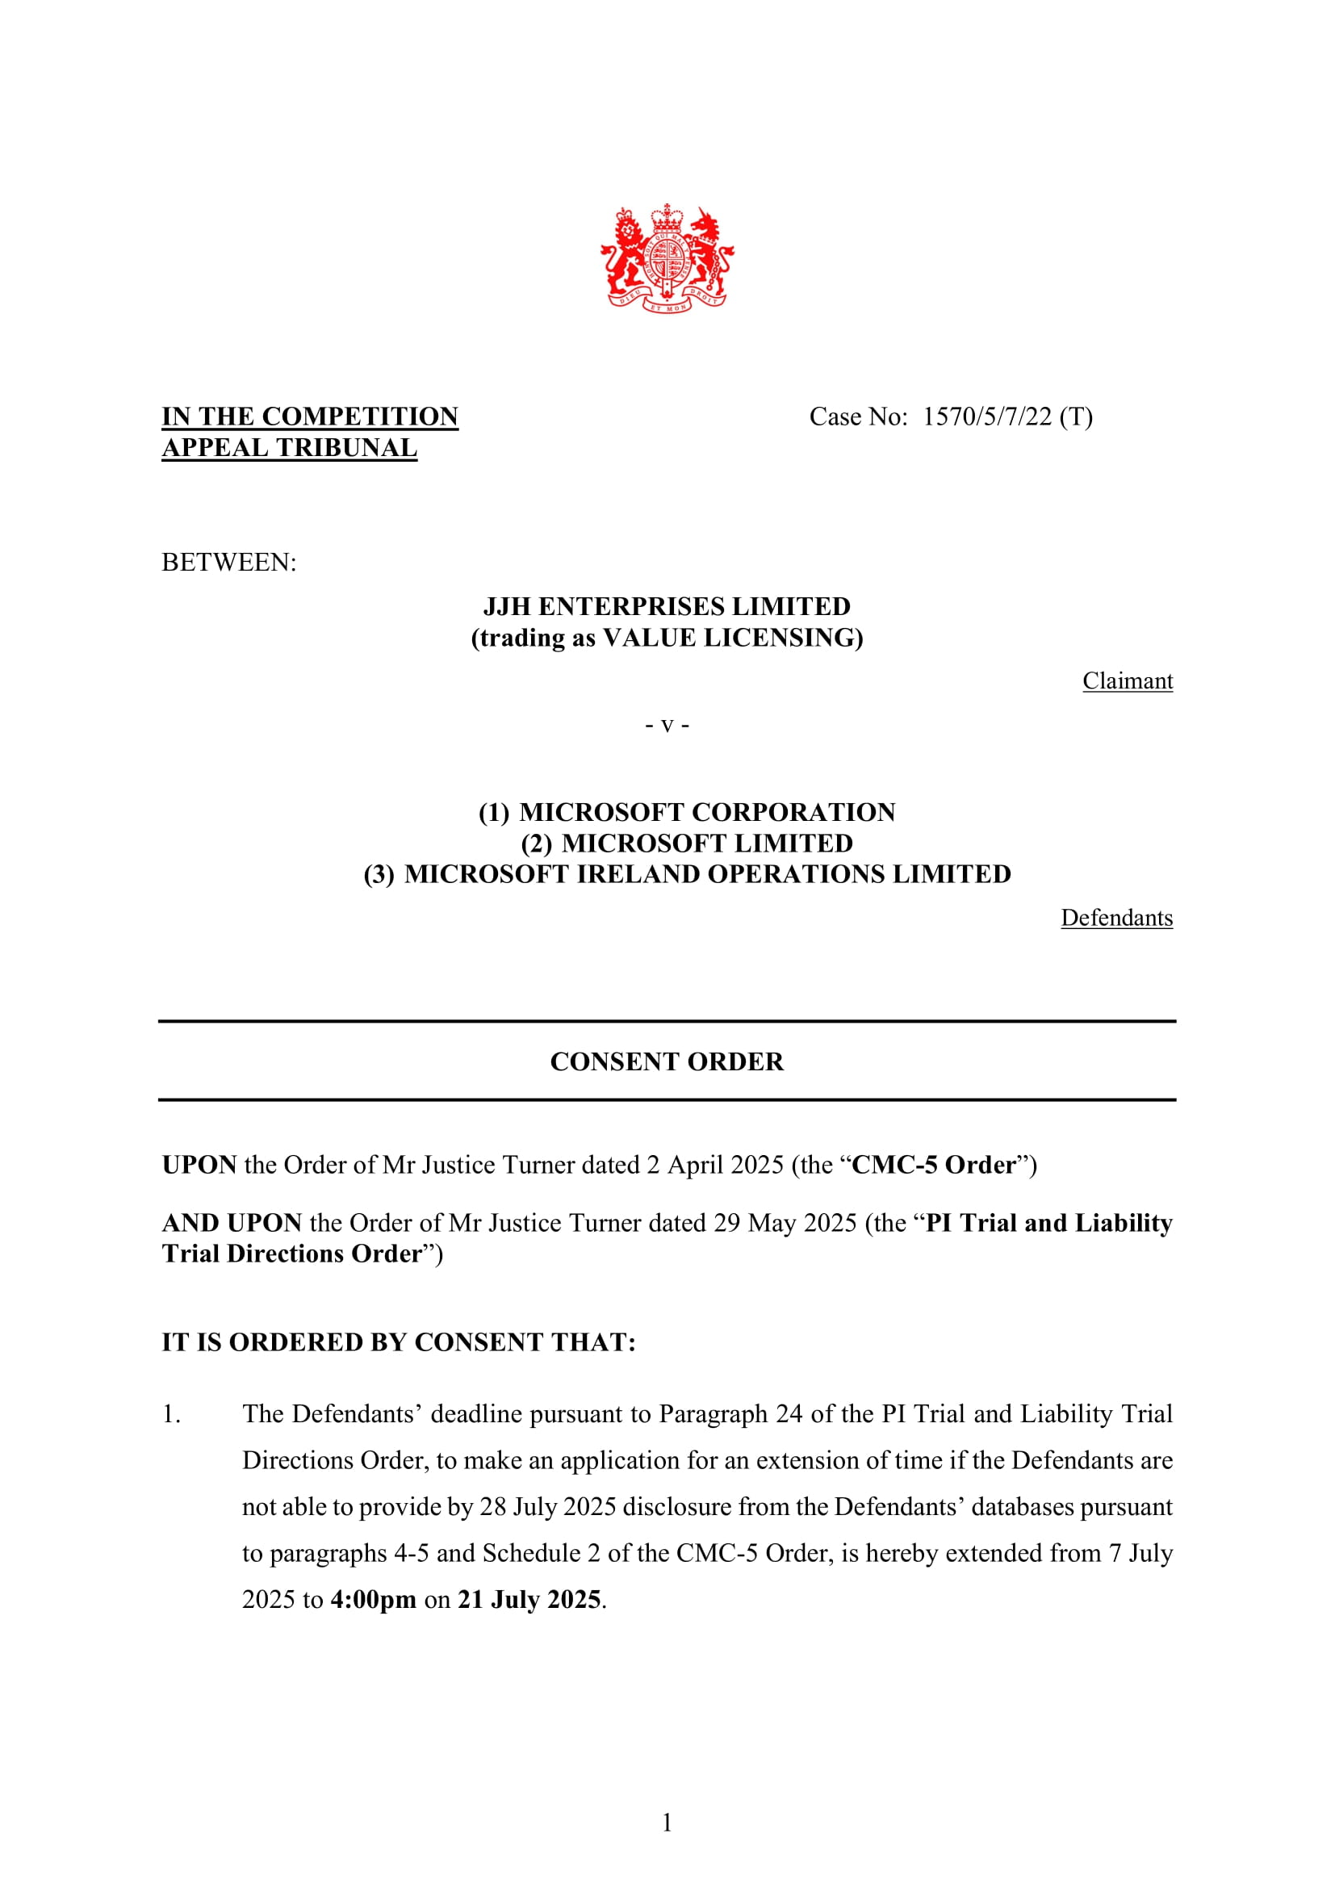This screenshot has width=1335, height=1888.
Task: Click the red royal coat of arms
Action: coord(667,258)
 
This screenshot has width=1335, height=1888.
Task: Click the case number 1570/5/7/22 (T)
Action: coord(1007,417)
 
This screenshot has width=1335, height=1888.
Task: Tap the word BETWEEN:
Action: coord(228,563)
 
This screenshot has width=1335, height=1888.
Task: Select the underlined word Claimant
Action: coord(1127,681)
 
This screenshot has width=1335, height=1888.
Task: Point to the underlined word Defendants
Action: coord(1116,918)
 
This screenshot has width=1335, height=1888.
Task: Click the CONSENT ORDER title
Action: coord(667,1061)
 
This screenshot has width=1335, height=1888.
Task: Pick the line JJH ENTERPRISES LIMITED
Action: coord(667,607)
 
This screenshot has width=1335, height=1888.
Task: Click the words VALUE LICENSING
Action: coord(730,638)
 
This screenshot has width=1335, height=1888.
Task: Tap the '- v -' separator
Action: coord(667,726)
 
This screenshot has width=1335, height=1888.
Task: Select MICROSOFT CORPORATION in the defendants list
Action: coord(707,813)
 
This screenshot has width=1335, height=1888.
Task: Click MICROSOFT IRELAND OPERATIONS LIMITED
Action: coord(707,874)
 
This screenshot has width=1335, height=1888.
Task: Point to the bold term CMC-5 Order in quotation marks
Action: coord(934,1166)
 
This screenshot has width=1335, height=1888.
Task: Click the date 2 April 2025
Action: coord(714,1166)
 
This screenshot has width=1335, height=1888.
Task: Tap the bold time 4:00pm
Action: coord(373,1599)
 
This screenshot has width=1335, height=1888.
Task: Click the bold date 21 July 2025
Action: coord(529,1599)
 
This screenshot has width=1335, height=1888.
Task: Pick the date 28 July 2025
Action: coord(547,1506)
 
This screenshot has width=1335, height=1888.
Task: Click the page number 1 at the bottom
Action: coord(667,1823)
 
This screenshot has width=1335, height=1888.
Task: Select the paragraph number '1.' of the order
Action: coord(171,1414)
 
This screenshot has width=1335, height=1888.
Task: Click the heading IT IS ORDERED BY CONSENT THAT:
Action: coord(399,1342)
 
